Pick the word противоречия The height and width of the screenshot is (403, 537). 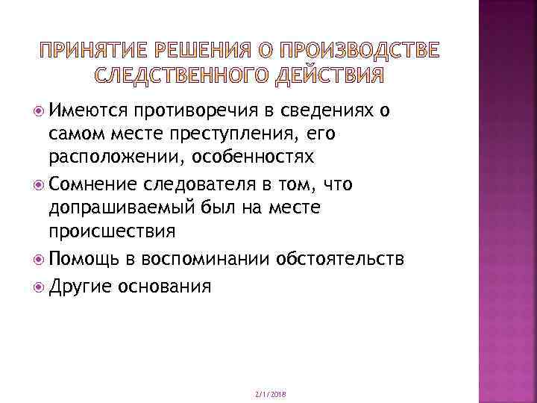[189, 111]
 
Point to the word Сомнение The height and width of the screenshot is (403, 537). [88, 184]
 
